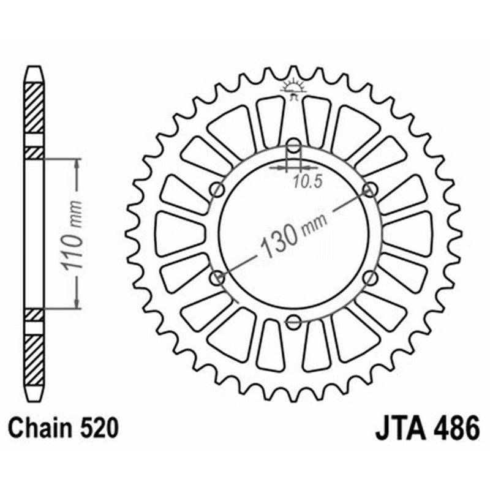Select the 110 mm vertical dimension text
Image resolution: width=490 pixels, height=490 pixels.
[x=73, y=233]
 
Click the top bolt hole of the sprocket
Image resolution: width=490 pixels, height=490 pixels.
[x=294, y=146]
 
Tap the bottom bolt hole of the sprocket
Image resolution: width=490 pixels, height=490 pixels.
[x=294, y=321]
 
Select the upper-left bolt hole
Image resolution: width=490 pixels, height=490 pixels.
[x=217, y=190]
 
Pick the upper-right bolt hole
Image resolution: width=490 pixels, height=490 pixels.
[x=370, y=189]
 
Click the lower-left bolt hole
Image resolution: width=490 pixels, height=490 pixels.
[x=217, y=278]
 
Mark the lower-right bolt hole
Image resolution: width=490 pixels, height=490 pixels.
[x=370, y=278]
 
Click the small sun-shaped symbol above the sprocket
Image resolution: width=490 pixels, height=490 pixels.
[x=293, y=88]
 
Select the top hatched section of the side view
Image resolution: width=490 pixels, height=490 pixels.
[x=35, y=108]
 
